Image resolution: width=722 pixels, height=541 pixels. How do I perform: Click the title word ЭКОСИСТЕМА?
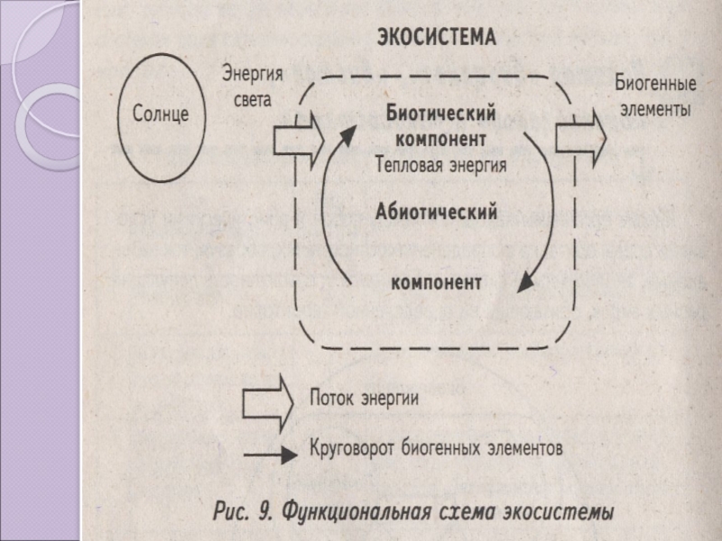pyautogui.click(x=437, y=37)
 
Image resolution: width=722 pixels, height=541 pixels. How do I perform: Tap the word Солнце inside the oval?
pyautogui.click(x=161, y=114)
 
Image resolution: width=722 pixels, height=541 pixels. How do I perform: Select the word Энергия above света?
pyautogui.click(x=253, y=74)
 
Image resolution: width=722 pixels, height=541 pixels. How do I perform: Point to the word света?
pyautogui.click(x=253, y=100)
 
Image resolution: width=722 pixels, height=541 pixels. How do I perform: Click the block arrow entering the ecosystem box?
pyautogui.click(x=300, y=140)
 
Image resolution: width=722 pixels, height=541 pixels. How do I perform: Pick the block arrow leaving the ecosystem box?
pyautogui.click(x=581, y=138)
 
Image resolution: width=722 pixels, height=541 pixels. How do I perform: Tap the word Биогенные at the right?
pyautogui.click(x=656, y=84)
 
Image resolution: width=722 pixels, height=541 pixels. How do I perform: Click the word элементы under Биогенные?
pyautogui.click(x=656, y=110)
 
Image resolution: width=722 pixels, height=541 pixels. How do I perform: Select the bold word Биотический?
pyautogui.click(x=440, y=114)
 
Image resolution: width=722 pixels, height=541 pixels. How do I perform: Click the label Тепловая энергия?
pyautogui.click(x=440, y=165)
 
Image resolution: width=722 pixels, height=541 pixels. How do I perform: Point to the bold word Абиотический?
pyautogui.click(x=437, y=212)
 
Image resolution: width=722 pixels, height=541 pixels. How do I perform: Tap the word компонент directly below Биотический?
pyautogui.click(x=441, y=139)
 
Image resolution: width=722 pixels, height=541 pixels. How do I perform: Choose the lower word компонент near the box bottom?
pyautogui.click(x=437, y=282)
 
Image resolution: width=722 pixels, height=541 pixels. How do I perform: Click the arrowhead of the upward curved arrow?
pyautogui.click(x=348, y=135)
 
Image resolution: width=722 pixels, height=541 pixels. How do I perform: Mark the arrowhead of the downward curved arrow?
pyautogui.click(x=525, y=282)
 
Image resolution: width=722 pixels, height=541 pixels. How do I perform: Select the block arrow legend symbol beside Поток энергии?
pyautogui.click(x=268, y=403)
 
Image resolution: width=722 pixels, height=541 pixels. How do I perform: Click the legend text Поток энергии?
pyautogui.click(x=365, y=398)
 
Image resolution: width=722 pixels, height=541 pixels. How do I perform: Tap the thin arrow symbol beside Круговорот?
pyautogui.click(x=270, y=455)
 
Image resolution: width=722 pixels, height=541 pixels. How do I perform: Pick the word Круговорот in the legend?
pyautogui.click(x=352, y=447)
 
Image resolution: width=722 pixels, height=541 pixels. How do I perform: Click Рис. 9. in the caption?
pyautogui.click(x=244, y=511)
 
